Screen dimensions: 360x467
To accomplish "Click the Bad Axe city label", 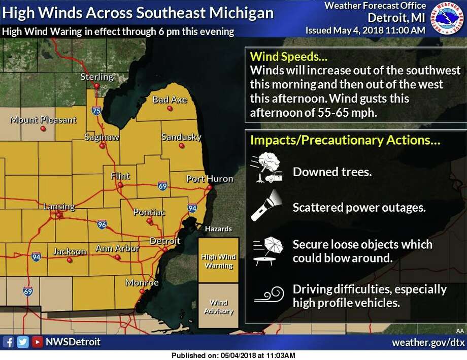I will click(x=170, y=100).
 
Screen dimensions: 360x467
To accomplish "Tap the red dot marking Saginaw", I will click(x=102, y=146).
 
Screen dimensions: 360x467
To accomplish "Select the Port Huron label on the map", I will click(x=209, y=179).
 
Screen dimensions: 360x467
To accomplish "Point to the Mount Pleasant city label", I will click(x=43, y=120).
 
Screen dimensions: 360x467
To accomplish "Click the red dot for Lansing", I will click(x=59, y=215).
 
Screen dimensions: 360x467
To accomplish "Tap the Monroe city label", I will click(x=142, y=283).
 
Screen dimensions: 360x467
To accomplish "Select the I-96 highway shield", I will click(x=102, y=223).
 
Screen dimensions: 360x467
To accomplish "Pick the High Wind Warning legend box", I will click(x=218, y=260).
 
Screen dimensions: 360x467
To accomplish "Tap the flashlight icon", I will click(x=264, y=206).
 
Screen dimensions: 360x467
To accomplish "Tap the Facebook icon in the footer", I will click(x=8, y=342).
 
